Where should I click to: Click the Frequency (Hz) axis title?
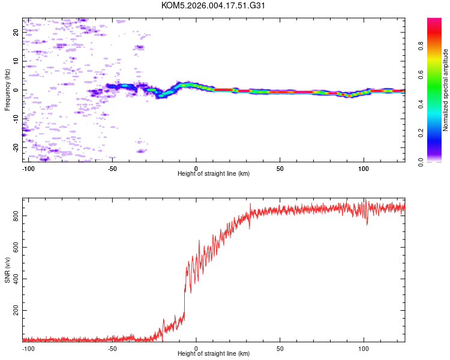(x=7, y=90)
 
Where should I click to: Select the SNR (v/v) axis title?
(x=7, y=271)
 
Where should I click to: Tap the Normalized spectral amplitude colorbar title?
(x=446, y=90)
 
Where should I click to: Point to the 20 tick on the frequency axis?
(x=16, y=33)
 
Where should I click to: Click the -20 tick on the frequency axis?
(x=16, y=147)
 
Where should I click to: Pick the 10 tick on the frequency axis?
(x=16, y=61)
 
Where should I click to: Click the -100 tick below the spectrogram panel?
(x=28, y=169)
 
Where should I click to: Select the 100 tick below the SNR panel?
(x=363, y=348)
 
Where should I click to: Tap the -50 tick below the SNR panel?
(x=112, y=348)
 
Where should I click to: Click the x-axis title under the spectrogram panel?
(x=214, y=174)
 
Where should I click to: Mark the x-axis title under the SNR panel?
(x=214, y=354)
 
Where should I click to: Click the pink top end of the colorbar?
(x=434, y=21)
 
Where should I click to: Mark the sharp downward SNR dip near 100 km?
(x=367, y=223)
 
